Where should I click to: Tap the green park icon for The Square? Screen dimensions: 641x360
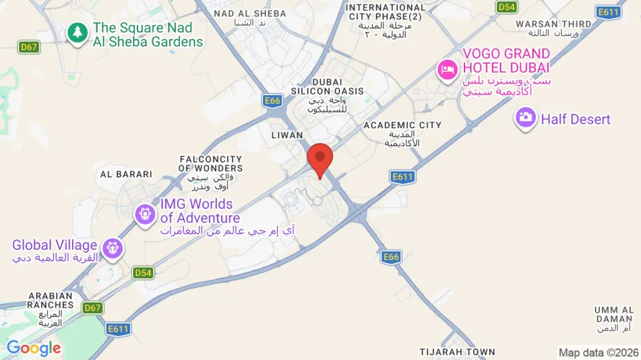tap(76, 32)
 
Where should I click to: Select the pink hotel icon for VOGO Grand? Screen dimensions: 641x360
tap(447, 70)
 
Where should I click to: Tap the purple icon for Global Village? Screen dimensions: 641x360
tap(112, 249)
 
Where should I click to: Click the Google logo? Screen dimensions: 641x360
tap(34, 348)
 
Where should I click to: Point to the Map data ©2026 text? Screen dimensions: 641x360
tap(599, 352)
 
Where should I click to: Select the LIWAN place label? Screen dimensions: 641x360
tap(287, 135)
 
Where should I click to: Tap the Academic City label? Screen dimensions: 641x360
tap(402, 125)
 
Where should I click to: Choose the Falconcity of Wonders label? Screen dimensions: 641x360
tap(210, 163)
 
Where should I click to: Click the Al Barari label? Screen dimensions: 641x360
tap(126, 174)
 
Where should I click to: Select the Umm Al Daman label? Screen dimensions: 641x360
tap(614, 314)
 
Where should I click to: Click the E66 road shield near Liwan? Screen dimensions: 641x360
tap(272, 102)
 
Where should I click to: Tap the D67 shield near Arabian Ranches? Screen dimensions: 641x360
tap(92, 307)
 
